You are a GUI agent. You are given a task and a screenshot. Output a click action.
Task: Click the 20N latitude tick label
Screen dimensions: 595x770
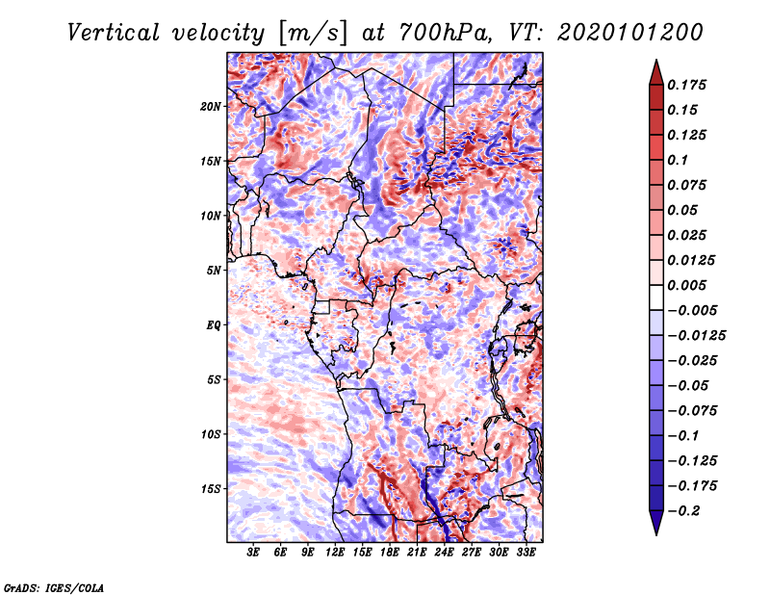point(211,106)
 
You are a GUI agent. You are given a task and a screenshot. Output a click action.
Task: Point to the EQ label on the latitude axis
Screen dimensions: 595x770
point(214,325)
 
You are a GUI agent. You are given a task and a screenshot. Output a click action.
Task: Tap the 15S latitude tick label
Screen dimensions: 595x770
point(211,489)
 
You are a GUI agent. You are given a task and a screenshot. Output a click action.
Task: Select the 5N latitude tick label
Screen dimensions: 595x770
point(214,271)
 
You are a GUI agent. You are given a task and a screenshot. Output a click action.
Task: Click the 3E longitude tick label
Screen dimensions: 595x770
point(254,553)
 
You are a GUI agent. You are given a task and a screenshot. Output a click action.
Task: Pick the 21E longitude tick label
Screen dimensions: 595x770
point(417,553)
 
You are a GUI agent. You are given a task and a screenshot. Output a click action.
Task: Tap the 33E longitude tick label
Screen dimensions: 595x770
point(526,553)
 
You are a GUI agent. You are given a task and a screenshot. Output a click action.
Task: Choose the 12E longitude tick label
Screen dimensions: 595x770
point(335,553)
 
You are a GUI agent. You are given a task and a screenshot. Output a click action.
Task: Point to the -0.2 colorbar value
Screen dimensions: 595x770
point(686,511)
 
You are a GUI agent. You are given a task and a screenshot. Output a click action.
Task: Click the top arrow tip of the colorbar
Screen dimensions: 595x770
point(654,61)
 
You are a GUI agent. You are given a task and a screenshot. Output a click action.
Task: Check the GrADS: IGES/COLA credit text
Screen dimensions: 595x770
point(53,586)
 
